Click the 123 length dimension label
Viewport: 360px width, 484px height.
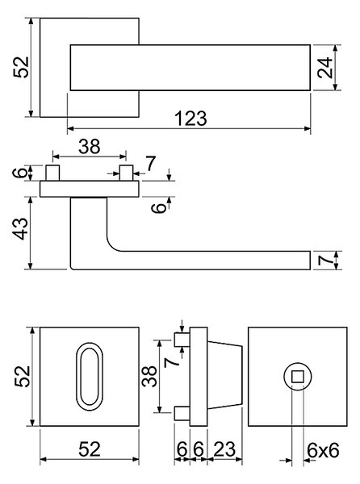click(190, 119)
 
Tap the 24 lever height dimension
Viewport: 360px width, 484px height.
click(325, 68)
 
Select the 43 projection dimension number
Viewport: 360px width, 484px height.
click(22, 228)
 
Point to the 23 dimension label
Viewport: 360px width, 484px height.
click(224, 449)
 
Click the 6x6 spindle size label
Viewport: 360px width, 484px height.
click(323, 450)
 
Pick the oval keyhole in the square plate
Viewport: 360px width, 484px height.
click(90, 377)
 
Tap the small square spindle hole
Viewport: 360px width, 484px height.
click(298, 377)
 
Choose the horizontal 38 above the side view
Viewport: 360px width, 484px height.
click(90, 146)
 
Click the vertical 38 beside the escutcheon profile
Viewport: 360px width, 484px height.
click(149, 376)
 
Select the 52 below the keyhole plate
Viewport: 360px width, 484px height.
click(90, 449)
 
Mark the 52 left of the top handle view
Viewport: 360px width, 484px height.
click(21, 67)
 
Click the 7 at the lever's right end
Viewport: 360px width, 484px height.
click(326, 261)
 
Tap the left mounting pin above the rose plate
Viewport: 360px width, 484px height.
click(52, 173)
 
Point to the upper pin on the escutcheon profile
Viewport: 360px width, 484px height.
click(182, 340)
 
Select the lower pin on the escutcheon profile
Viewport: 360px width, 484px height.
click(182, 413)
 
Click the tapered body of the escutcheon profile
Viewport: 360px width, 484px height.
click(224, 375)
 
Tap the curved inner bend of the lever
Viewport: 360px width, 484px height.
click(111, 245)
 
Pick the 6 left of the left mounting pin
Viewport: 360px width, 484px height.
click(21, 173)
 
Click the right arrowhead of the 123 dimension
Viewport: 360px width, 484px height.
click(308, 128)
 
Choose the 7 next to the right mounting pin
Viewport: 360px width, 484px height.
click(150, 164)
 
